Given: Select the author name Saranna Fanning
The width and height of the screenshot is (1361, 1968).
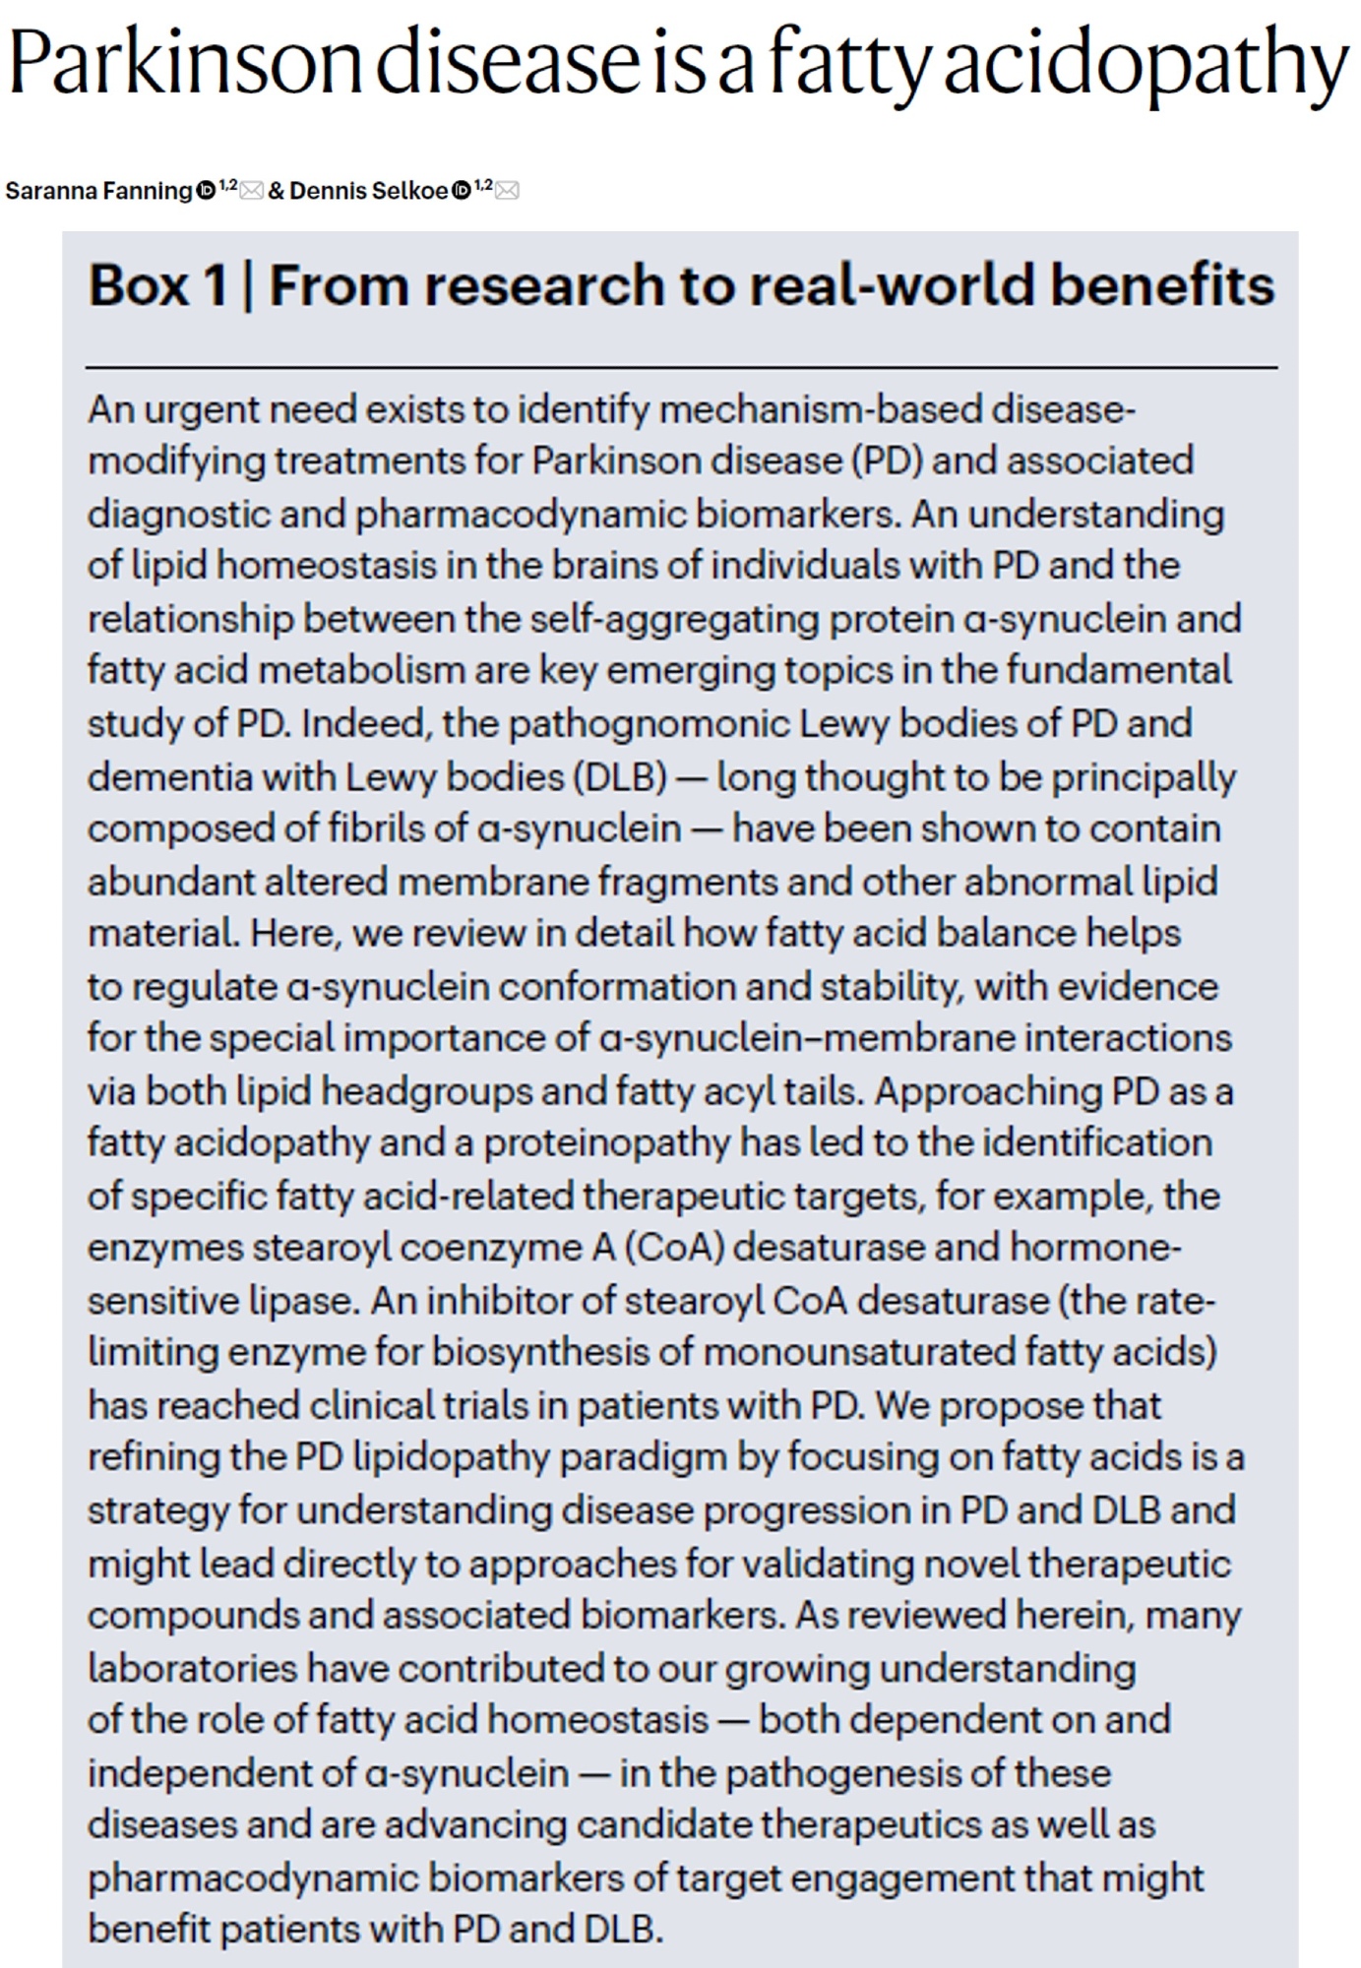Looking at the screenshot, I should point(98,191).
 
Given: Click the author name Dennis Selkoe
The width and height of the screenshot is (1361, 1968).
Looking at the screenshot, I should point(369,191).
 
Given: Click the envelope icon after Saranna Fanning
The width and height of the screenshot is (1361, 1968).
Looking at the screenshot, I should point(251,191).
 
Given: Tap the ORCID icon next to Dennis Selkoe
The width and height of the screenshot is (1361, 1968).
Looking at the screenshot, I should point(461,191).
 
